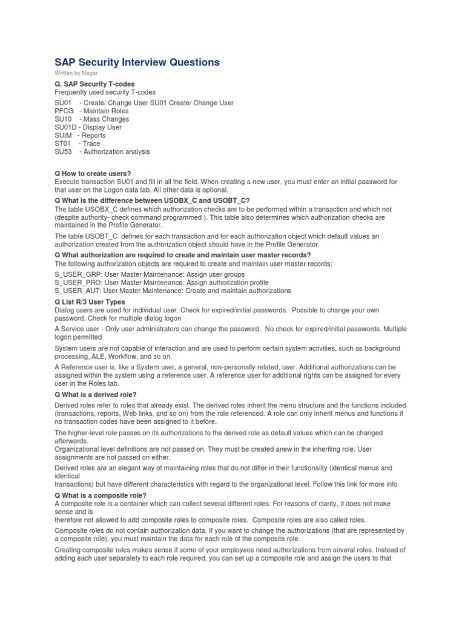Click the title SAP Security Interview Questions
point(137,62)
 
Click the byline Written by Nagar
point(76,73)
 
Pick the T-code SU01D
point(65,128)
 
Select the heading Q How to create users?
point(93,174)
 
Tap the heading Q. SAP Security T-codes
point(94,84)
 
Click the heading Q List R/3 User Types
point(90,302)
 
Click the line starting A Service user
point(230,329)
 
